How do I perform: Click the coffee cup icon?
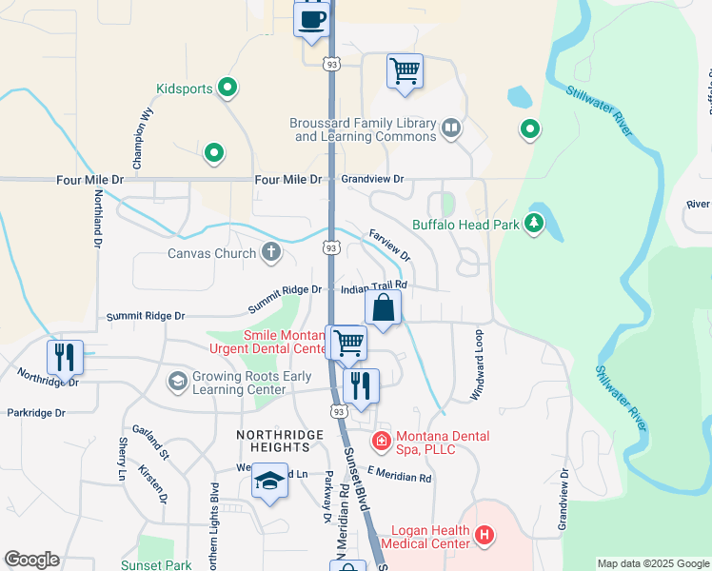(x=311, y=19)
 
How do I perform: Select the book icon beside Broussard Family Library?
(x=451, y=127)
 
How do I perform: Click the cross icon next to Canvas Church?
(x=271, y=252)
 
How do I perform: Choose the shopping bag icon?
(x=383, y=308)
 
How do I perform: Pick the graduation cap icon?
(x=270, y=482)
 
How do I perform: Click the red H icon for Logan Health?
(x=485, y=536)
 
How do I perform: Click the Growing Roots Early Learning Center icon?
(x=177, y=382)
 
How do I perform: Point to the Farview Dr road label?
(x=388, y=245)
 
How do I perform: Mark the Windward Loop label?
(x=479, y=365)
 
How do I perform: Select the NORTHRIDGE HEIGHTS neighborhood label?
(x=281, y=434)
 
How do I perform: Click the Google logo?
(x=31, y=560)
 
